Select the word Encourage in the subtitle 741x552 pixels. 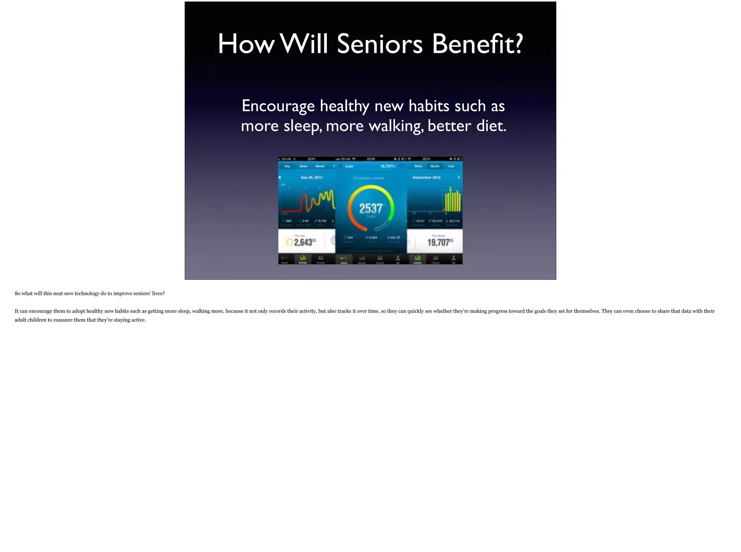click(278, 106)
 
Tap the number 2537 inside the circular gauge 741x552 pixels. click(370, 208)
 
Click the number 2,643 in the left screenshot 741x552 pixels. click(303, 242)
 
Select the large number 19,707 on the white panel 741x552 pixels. click(438, 242)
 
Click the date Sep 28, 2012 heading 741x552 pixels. click(311, 177)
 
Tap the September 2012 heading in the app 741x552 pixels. click(426, 177)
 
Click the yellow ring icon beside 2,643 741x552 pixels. click(289, 242)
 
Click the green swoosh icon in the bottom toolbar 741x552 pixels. click(344, 258)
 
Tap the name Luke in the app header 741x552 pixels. click(349, 166)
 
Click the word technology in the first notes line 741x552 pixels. click(87, 294)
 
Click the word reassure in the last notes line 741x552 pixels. click(63, 320)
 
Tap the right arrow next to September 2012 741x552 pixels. click(459, 177)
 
